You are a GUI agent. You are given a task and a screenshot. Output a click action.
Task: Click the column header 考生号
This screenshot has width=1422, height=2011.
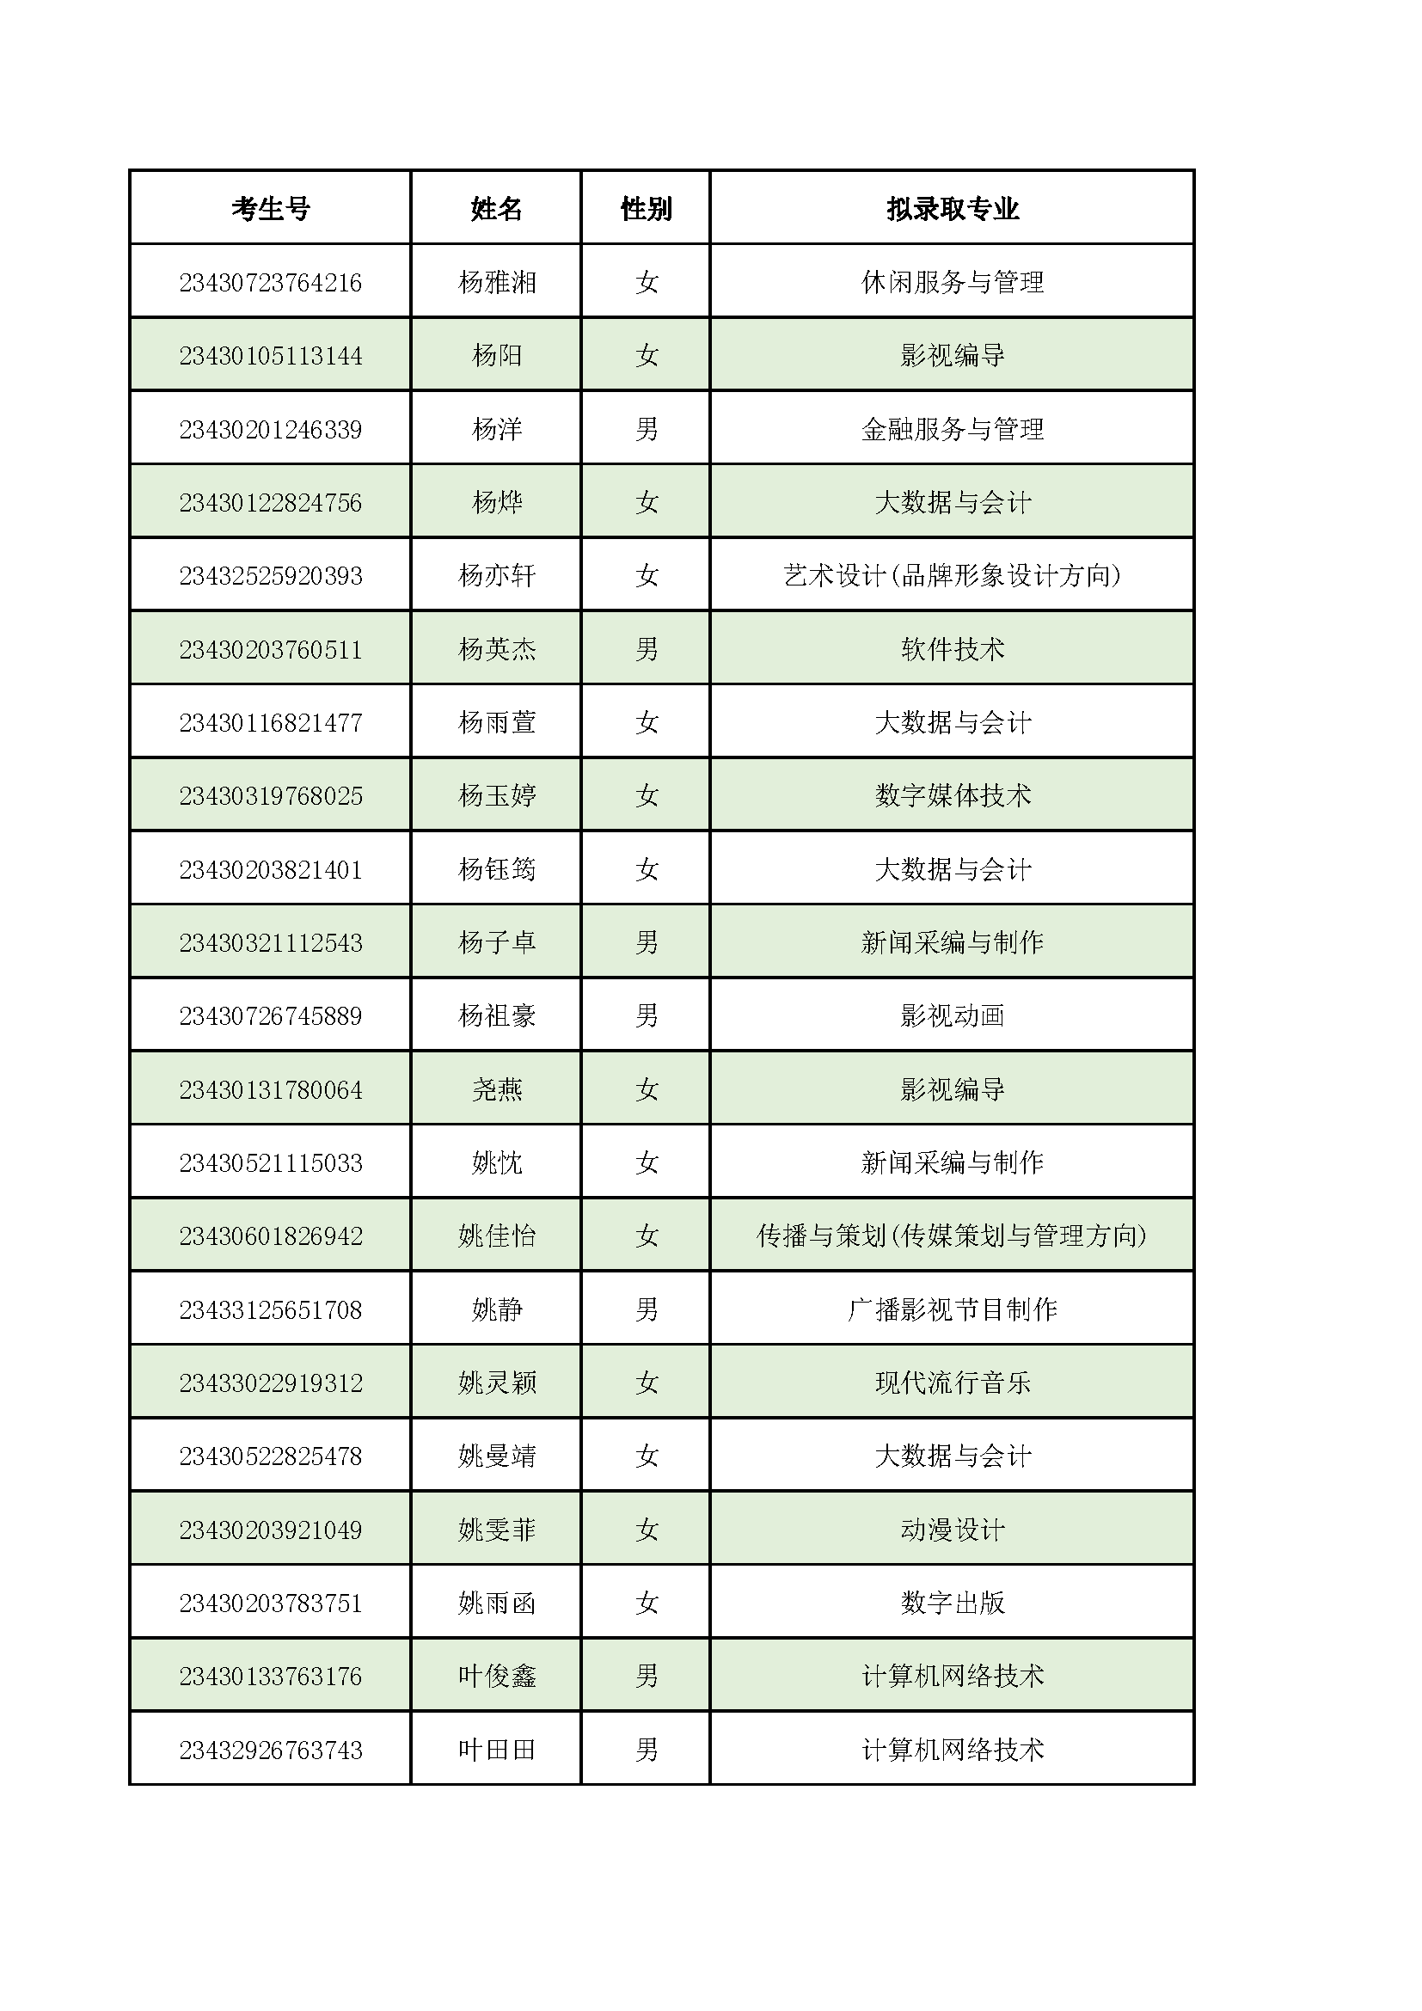coord(271,208)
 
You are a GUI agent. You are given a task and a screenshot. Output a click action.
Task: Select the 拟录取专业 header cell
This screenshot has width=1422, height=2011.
coord(953,208)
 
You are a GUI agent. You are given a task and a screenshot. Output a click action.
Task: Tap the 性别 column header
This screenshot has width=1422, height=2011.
coord(647,208)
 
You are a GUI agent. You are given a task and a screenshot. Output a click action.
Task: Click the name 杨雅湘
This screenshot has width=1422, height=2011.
coord(496,282)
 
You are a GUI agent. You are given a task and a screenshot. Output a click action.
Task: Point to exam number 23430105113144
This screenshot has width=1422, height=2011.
coord(271,356)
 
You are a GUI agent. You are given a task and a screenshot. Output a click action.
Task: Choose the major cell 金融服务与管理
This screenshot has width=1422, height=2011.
coord(953,429)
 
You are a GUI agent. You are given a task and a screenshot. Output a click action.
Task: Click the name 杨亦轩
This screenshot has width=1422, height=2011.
coord(496,575)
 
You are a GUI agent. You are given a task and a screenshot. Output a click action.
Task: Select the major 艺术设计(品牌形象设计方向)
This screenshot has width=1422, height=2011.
coord(953,575)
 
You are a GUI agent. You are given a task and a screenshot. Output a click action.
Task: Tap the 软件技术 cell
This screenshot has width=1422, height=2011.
coord(953,649)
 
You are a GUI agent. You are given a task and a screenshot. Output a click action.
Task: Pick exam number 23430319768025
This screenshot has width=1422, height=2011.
coord(271,796)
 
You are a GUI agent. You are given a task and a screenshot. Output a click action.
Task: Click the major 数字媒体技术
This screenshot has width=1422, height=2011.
coord(953,796)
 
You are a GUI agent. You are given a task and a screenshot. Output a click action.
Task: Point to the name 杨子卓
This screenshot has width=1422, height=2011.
coord(496,942)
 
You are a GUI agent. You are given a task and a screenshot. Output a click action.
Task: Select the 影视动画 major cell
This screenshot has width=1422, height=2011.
coord(953,1016)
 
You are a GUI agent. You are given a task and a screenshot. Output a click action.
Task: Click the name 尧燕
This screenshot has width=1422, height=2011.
coord(496,1089)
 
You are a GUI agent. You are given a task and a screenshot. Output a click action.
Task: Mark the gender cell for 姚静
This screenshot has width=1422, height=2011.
coord(647,1309)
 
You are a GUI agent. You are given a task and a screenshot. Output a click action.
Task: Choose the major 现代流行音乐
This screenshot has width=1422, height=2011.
coord(953,1383)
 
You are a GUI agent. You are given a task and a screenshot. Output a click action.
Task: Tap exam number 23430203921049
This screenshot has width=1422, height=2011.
coord(271,1530)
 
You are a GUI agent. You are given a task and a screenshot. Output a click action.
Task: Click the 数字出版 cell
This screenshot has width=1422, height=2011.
coord(953,1603)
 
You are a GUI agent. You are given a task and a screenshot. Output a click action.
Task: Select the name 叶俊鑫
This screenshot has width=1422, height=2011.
coord(496,1677)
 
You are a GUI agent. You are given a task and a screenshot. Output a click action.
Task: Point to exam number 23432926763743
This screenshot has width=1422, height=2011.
coord(271,1750)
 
